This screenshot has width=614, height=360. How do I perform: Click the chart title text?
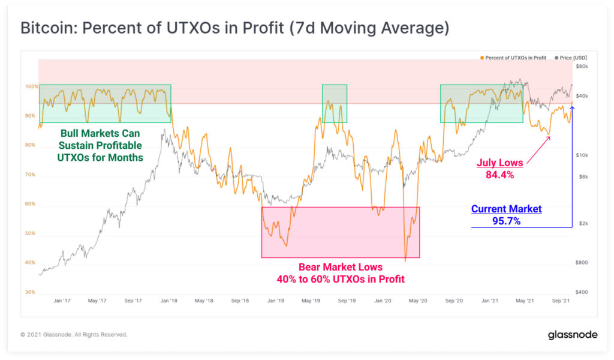[x=234, y=28]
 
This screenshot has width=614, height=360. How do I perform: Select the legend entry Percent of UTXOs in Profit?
[x=514, y=58]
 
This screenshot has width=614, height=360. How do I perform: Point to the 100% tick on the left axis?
[x=31, y=86]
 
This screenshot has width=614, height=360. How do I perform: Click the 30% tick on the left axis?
[x=31, y=292]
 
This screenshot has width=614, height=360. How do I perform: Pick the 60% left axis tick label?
[x=31, y=204]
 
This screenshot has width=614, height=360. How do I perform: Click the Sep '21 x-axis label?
[x=561, y=301]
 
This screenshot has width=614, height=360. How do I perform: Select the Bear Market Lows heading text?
[x=340, y=267]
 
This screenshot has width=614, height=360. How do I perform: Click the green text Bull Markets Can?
[x=100, y=133]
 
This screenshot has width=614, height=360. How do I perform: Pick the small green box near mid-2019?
[x=335, y=103]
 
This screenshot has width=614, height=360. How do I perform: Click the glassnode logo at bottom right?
[x=573, y=335]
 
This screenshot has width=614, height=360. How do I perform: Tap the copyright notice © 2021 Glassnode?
[x=74, y=335]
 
